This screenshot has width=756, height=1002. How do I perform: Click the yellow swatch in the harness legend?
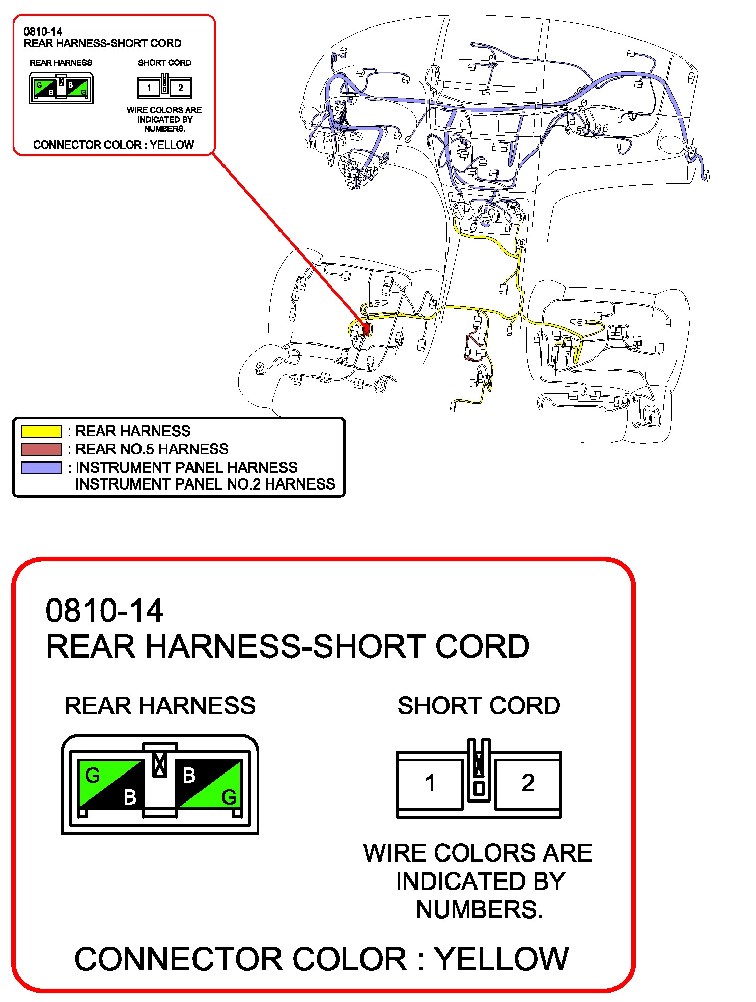(x=41, y=431)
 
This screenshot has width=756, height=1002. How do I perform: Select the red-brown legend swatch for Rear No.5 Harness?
(x=41, y=449)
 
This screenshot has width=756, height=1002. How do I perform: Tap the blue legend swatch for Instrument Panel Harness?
(x=41, y=467)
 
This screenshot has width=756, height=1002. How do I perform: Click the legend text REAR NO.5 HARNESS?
(x=152, y=449)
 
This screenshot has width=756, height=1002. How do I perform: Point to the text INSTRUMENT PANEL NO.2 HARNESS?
(x=205, y=484)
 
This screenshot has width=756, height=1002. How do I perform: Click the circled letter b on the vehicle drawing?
(x=521, y=243)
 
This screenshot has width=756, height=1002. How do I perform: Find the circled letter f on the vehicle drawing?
(x=311, y=145)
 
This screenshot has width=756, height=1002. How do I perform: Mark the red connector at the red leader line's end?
(x=366, y=330)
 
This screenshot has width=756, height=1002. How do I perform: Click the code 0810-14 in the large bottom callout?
(x=104, y=611)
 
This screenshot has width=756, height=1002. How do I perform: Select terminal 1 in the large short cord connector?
(x=430, y=783)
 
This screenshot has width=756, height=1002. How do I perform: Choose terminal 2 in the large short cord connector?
(x=528, y=783)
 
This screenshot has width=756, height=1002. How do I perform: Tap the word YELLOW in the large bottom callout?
(x=501, y=959)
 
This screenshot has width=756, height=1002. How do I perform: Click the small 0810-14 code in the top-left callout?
(x=43, y=32)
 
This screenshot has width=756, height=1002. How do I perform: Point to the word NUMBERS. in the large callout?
(x=480, y=909)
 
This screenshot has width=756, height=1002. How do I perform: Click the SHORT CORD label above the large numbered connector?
(x=479, y=706)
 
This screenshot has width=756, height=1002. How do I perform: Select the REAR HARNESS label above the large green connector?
(x=160, y=706)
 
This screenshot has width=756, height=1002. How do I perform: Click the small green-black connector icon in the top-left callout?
(x=61, y=88)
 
